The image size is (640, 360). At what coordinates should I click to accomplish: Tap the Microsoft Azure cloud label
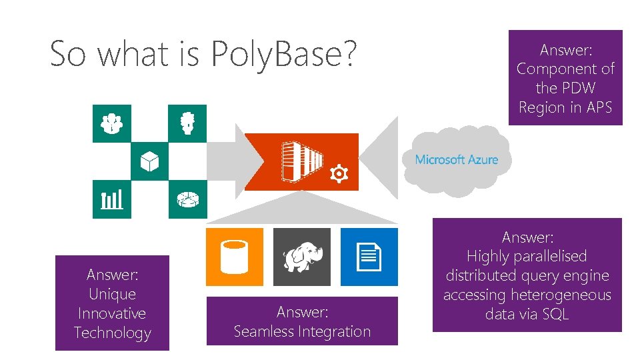pyautogui.click(x=457, y=159)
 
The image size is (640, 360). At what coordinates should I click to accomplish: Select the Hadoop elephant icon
pyautogui.click(x=302, y=257)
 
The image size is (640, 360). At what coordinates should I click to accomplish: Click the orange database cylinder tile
pyautogui.click(x=235, y=257)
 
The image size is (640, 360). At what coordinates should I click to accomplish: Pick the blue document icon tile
pyautogui.click(x=369, y=257)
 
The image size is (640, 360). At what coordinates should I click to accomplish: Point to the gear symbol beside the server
pyautogui.click(x=339, y=174)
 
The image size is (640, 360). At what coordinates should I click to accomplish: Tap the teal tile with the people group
pyautogui.click(x=112, y=123)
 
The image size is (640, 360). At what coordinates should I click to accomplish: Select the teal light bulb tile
pyautogui.click(x=187, y=123)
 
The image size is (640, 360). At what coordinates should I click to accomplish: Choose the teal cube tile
pyautogui.click(x=149, y=161)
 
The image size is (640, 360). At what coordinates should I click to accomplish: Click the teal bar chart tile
pyautogui.click(x=112, y=199)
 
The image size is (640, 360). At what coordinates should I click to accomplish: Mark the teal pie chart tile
pyautogui.click(x=187, y=199)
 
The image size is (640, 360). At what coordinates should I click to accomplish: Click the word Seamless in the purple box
pyautogui.click(x=262, y=331)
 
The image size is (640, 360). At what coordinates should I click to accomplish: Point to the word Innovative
pyautogui.click(x=112, y=313)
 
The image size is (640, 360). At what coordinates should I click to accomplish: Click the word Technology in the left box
pyautogui.click(x=112, y=333)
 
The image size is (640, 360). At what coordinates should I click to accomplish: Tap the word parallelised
pyautogui.click(x=546, y=256)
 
